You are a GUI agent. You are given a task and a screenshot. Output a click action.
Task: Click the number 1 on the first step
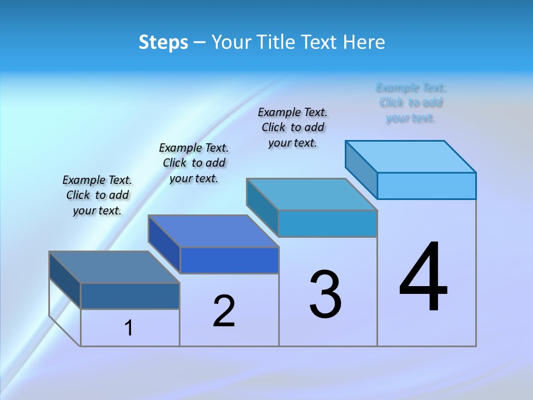[x=129, y=328]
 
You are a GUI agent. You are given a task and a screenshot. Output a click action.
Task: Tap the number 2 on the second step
[x=224, y=311]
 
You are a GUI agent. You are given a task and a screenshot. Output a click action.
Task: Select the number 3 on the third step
[x=325, y=294]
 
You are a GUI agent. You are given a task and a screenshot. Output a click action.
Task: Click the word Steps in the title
[x=163, y=42]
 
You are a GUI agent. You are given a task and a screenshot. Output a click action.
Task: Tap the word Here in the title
[x=364, y=42]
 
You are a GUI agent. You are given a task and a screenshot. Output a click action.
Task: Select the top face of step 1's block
[x=114, y=267]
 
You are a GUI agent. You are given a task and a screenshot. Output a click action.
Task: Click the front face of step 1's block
[x=130, y=296]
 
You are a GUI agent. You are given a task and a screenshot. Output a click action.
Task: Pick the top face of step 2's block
[x=213, y=231]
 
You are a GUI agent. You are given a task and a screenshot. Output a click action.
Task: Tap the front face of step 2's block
[x=229, y=260]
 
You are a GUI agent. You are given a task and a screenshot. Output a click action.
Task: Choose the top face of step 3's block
[x=312, y=194]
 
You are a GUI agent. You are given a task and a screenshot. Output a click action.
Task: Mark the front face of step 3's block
[x=328, y=223]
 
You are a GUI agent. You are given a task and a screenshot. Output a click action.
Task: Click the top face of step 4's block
[x=411, y=157]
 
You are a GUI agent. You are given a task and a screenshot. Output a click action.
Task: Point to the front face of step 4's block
[x=426, y=186]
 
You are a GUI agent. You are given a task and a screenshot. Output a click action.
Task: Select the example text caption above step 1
[x=97, y=195]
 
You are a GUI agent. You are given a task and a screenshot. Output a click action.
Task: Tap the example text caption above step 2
[x=194, y=163]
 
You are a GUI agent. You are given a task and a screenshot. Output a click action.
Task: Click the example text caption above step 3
[x=293, y=127]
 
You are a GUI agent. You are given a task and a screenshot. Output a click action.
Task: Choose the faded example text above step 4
[x=411, y=103]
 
